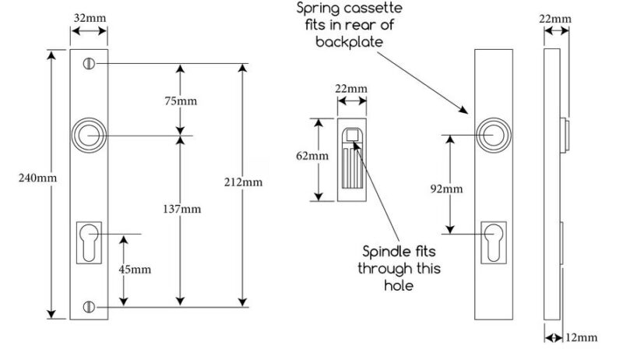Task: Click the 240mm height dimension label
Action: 37,178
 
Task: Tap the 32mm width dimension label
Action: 90,18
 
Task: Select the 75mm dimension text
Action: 181,101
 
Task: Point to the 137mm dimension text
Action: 182,209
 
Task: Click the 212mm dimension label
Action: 243,182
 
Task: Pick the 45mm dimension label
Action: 135,270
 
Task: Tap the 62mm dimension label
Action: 312,156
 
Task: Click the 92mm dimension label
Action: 446,189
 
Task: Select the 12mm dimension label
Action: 581,337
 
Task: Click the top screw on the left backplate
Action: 89,64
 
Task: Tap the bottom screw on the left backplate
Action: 89,307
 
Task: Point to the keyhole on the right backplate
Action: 494,243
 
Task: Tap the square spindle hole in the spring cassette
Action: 352,135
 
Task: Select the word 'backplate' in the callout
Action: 350,42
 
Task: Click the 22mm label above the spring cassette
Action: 351,88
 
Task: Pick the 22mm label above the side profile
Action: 555,19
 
